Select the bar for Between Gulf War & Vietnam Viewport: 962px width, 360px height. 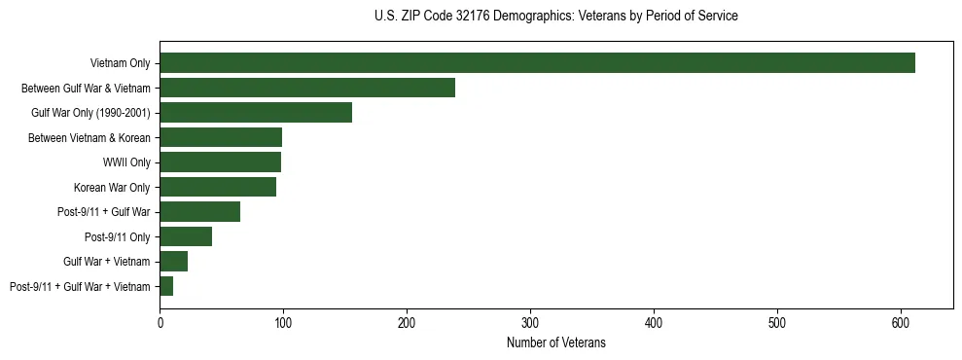307,88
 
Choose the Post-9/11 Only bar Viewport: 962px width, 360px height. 186,236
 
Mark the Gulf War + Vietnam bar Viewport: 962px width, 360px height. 173,262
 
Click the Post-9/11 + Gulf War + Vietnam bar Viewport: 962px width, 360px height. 166,286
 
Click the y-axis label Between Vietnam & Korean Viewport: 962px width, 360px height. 89,138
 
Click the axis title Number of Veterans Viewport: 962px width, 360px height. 556,342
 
